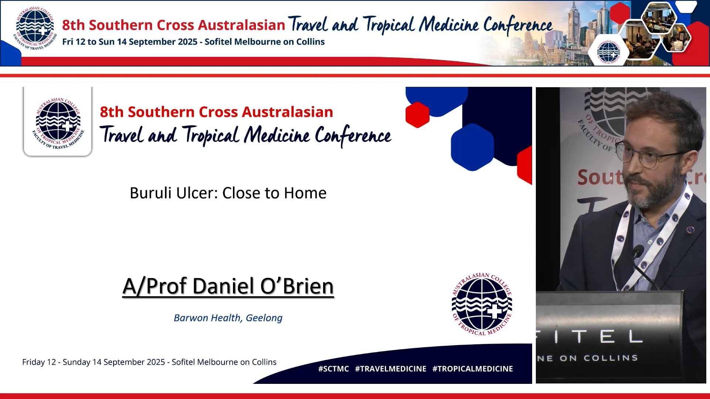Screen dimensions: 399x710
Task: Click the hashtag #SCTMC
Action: pyautogui.click(x=334, y=369)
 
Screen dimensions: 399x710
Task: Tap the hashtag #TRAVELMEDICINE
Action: pyautogui.click(x=390, y=369)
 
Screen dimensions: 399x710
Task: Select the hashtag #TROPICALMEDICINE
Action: pyautogui.click(x=473, y=369)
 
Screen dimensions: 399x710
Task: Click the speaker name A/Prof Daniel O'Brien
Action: pyautogui.click(x=228, y=286)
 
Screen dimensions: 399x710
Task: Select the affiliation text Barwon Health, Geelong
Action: pyautogui.click(x=228, y=318)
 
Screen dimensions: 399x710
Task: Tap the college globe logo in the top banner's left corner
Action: pyautogui.click(x=35, y=28)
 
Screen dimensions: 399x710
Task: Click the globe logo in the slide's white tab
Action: pyautogui.click(x=58, y=123)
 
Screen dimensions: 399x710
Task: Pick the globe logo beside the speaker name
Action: pyautogui.click(x=482, y=304)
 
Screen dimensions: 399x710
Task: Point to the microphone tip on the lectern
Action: pyautogui.click(x=638, y=252)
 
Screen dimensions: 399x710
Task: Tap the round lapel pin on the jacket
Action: pyautogui.click(x=690, y=230)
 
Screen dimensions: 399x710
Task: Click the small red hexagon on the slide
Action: pyautogui.click(x=417, y=115)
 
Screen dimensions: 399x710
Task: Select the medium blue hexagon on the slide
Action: pyautogui.click(x=472, y=147)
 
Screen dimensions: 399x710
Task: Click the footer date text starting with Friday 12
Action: pyautogui.click(x=149, y=362)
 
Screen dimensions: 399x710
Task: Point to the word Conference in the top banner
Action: pyautogui.click(x=518, y=25)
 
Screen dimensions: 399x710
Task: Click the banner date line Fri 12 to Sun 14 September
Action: pyautogui.click(x=193, y=42)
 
